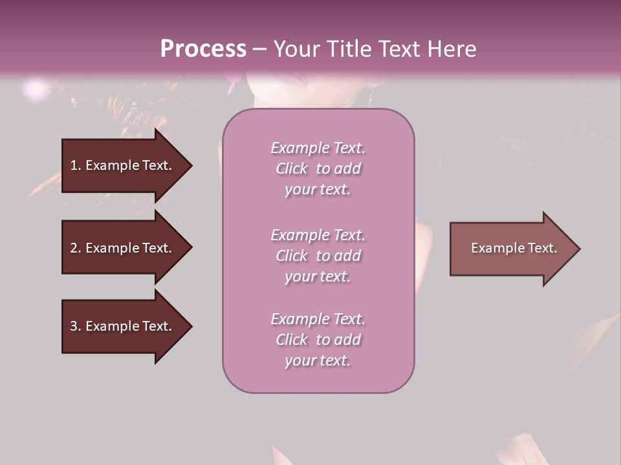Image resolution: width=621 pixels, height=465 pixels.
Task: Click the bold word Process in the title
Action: [203, 49]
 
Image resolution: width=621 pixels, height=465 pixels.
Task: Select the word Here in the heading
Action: [452, 49]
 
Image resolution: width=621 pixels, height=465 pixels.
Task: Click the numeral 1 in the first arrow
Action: [74, 165]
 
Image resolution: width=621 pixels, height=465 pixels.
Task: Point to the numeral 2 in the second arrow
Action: [74, 248]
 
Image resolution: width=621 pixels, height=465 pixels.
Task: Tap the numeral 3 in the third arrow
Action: [74, 326]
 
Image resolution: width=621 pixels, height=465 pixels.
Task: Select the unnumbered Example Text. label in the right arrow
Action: [514, 248]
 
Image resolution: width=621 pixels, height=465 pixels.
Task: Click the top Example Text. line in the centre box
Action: [318, 148]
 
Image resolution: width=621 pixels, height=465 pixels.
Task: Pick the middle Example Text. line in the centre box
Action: [318, 235]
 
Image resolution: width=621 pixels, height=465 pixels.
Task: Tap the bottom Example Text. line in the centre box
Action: [318, 319]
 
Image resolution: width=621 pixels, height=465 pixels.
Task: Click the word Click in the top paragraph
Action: [292, 169]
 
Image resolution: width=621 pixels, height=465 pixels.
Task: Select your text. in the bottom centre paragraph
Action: [318, 360]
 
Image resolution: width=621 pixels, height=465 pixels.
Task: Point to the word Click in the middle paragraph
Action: [292, 256]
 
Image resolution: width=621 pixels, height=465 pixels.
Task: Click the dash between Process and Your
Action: [259, 49]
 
